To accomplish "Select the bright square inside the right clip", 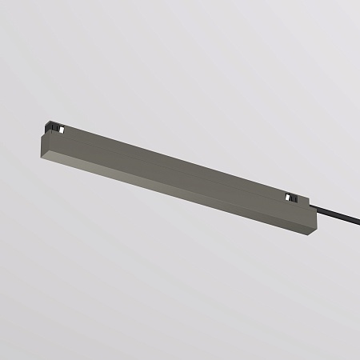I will click(288, 196).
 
